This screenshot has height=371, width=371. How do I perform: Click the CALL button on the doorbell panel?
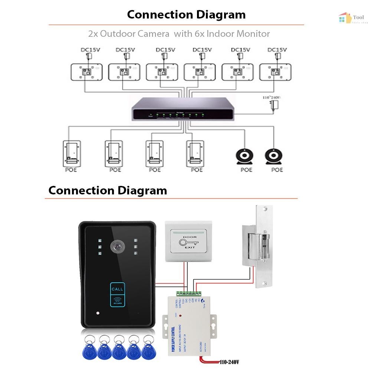[117, 289]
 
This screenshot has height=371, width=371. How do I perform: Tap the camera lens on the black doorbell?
[117, 246]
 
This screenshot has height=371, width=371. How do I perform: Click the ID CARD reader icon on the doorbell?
[117, 300]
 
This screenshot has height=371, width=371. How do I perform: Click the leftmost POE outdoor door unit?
[72, 153]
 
